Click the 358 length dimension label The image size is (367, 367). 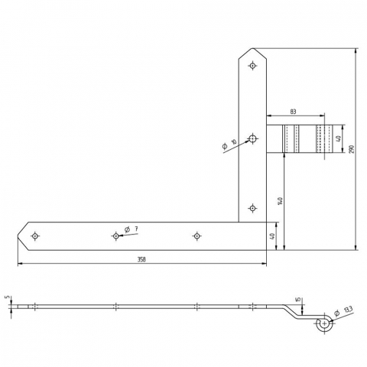(x=141, y=259)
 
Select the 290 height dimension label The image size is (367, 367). (x=352, y=149)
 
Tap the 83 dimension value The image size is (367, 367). (x=294, y=112)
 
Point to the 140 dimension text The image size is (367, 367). (x=281, y=201)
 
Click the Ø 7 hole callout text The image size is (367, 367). (x=132, y=229)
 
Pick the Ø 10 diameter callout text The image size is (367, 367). (x=229, y=144)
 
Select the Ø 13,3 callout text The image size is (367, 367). (x=343, y=311)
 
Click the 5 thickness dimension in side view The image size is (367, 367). (x=8, y=297)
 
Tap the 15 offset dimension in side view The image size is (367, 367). (x=299, y=300)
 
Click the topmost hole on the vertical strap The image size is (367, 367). (x=252, y=66)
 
